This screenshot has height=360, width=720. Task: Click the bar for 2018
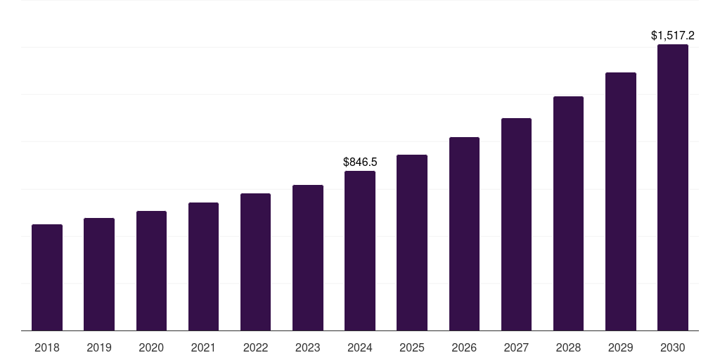(x=47, y=278)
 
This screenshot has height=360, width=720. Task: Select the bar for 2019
(x=99, y=274)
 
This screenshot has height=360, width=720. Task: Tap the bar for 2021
(x=203, y=266)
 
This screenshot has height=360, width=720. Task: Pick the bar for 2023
(x=308, y=258)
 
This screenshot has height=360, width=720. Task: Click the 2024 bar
(x=360, y=251)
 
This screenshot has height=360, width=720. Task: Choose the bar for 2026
(x=464, y=234)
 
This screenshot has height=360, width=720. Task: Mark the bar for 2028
(x=568, y=214)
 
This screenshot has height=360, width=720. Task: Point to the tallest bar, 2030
(x=672, y=188)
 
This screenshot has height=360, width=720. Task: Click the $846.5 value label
(x=359, y=162)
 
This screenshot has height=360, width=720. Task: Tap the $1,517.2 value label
(x=672, y=35)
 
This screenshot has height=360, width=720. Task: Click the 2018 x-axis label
(x=47, y=347)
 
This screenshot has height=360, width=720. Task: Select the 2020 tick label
(x=151, y=347)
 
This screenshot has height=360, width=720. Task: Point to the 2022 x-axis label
(x=255, y=347)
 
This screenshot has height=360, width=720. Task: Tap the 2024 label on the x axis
(x=360, y=347)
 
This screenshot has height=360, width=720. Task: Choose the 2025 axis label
(x=412, y=347)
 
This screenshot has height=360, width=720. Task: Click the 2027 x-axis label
(x=516, y=347)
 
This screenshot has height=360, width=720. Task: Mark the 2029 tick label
(x=620, y=347)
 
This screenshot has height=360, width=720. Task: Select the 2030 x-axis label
(x=672, y=347)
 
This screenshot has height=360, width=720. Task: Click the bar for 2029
(x=620, y=202)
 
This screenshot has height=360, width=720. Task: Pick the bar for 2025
(x=412, y=243)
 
